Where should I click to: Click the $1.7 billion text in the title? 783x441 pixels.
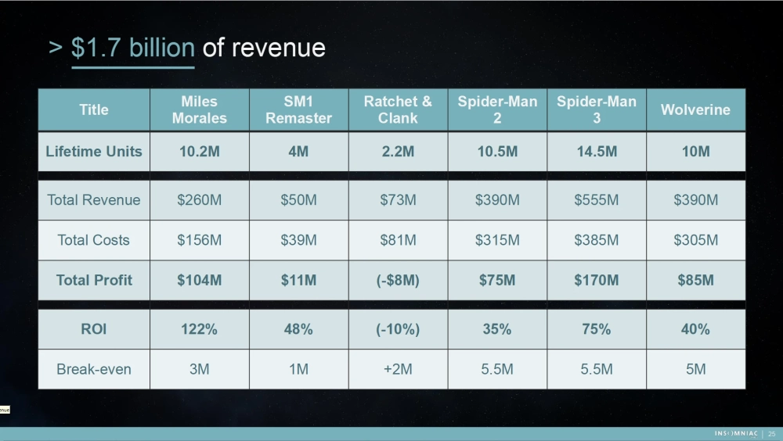pyautogui.click(x=132, y=48)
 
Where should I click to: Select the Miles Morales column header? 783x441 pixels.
pyautogui.click(x=199, y=109)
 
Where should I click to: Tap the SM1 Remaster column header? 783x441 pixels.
pyautogui.click(x=298, y=109)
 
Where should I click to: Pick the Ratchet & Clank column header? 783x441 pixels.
pyautogui.click(x=398, y=109)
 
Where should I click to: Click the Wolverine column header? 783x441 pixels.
pyautogui.click(x=695, y=109)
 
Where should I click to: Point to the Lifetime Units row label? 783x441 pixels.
pyautogui.click(x=94, y=152)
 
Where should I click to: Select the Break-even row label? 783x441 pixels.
pyautogui.click(x=94, y=369)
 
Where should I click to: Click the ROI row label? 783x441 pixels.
pyautogui.click(x=94, y=329)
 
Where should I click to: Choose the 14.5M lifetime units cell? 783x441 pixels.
pyautogui.click(x=596, y=152)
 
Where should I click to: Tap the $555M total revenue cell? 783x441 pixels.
pyautogui.click(x=596, y=200)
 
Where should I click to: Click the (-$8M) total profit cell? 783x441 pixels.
pyautogui.click(x=398, y=280)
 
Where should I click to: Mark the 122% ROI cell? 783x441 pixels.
pyautogui.click(x=199, y=329)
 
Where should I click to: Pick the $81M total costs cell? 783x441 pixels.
pyautogui.click(x=398, y=240)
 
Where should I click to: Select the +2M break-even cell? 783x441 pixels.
pyautogui.click(x=398, y=369)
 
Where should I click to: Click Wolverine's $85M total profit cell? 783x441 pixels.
pyautogui.click(x=695, y=280)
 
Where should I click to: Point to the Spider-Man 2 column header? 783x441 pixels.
pyautogui.click(x=497, y=109)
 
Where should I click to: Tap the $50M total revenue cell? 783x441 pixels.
pyautogui.click(x=298, y=200)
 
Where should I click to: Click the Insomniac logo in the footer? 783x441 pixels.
pyautogui.click(x=735, y=434)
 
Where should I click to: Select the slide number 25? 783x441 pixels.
pyautogui.click(x=771, y=434)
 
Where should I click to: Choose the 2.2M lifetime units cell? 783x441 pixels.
pyautogui.click(x=398, y=152)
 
